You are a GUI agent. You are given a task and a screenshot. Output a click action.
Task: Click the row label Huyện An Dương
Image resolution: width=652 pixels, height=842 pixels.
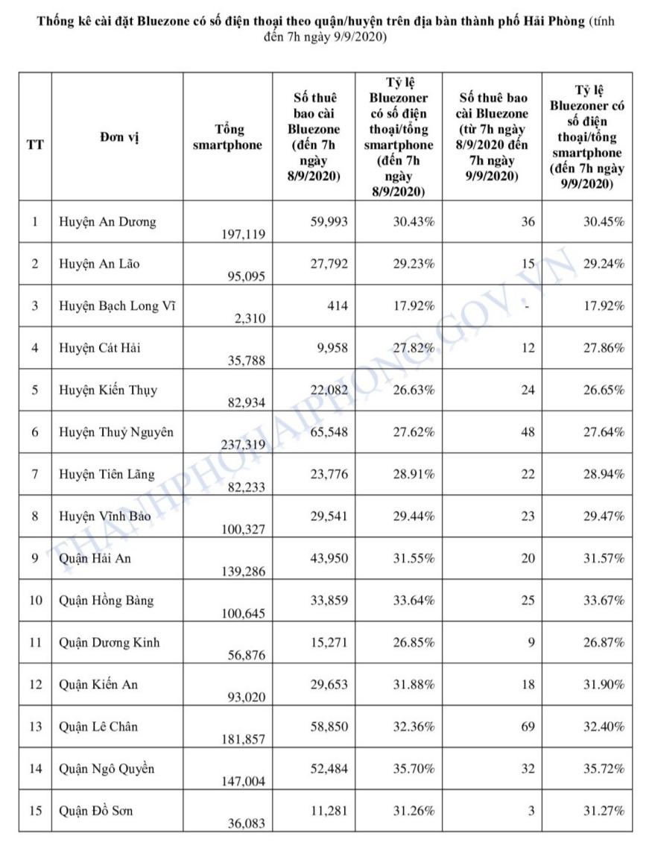coord(108,221)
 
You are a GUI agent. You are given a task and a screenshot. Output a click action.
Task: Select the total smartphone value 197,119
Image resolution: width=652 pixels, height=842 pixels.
coord(242,234)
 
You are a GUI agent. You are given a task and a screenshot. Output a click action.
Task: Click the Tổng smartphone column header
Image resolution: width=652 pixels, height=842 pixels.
coord(227,136)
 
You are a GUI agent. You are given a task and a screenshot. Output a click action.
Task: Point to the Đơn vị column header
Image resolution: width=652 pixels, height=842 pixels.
coord(117,136)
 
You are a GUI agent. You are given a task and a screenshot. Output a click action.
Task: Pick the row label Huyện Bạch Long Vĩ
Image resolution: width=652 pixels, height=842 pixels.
coord(118,306)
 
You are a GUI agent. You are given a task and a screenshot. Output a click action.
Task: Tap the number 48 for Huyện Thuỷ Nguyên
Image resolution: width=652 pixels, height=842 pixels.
coord(528,431)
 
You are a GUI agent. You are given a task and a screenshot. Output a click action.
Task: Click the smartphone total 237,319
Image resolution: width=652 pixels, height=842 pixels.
coord(242,445)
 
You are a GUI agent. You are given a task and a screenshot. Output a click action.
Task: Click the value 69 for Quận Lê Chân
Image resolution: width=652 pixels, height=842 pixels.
coord(528,726)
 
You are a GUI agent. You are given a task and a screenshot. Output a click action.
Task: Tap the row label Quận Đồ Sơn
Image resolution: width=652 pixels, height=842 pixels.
coord(96,810)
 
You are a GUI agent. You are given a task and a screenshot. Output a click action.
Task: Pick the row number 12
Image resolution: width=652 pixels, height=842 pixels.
coord(34,684)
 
